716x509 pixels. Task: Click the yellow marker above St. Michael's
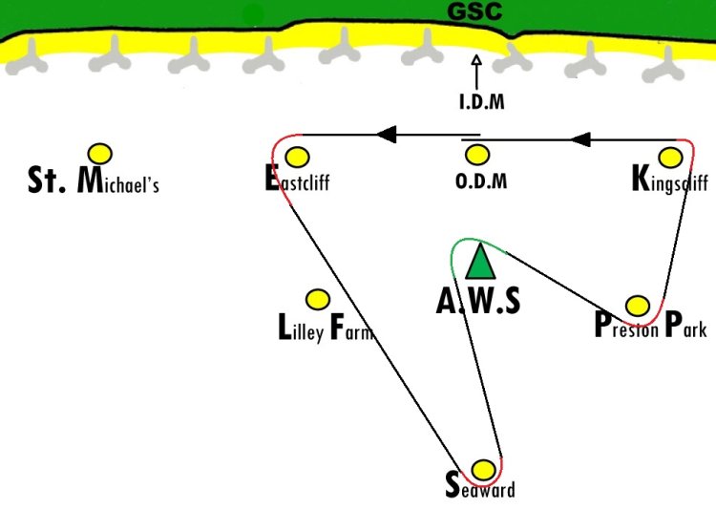click(x=99, y=153)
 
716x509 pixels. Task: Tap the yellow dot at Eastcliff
click(x=299, y=157)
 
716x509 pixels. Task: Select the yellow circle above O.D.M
click(x=477, y=155)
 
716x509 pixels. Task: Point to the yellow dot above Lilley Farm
click(x=317, y=300)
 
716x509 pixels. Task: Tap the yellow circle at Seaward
click(x=484, y=470)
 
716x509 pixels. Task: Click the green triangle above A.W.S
click(x=479, y=261)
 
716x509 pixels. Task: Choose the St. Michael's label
click(x=94, y=180)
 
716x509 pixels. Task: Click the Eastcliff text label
click(x=297, y=180)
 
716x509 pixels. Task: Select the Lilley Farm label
click(x=323, y=329)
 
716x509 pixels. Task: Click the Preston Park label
click(x=650, y=328)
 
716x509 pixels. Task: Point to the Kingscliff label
click(x=669, y=180)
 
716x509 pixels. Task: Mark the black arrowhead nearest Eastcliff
click(x=386, y=134)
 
